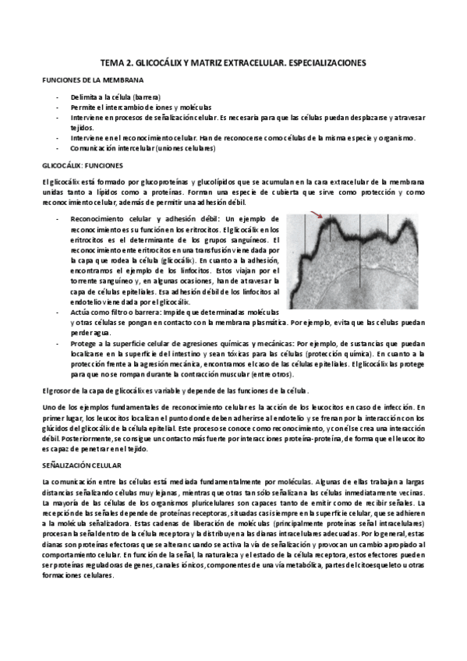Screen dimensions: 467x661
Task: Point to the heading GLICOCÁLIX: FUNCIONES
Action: click(x=78, y=165)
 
